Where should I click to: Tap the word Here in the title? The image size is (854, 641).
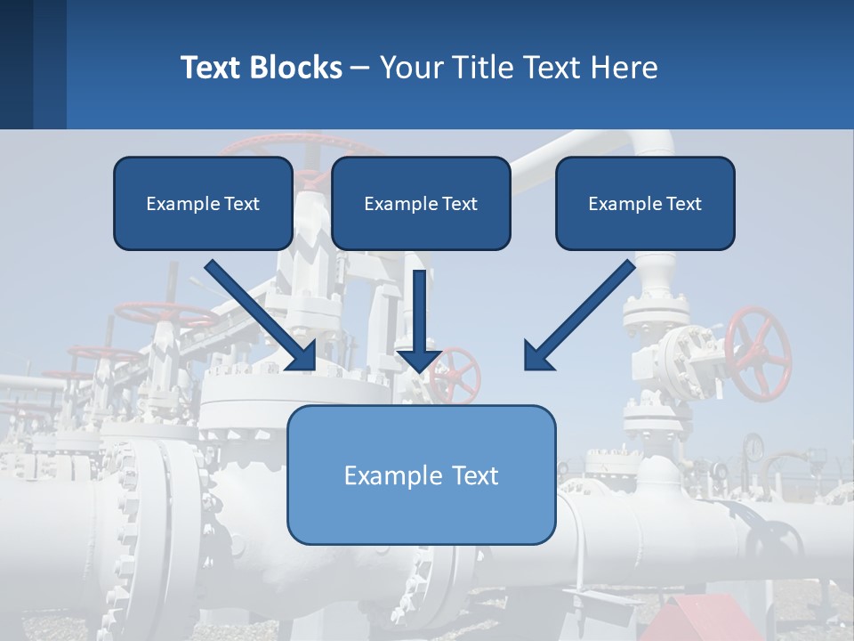click(x=624, y=68)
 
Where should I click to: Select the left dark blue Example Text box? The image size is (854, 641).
click(x=203, y=203)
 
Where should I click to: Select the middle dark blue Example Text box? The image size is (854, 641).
click(x=421, y=203)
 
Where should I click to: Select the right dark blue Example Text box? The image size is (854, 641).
click(x=645, y=203)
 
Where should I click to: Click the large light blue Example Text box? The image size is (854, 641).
click(x=421, y=475)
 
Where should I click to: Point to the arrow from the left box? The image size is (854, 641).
click(x=258, y=312)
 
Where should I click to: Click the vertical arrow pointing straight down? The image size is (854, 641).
click(x=421, y=320)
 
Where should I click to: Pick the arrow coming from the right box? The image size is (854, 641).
click(x=583, y=312)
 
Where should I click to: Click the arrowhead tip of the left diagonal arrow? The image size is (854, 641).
click(x=313, y=368)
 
